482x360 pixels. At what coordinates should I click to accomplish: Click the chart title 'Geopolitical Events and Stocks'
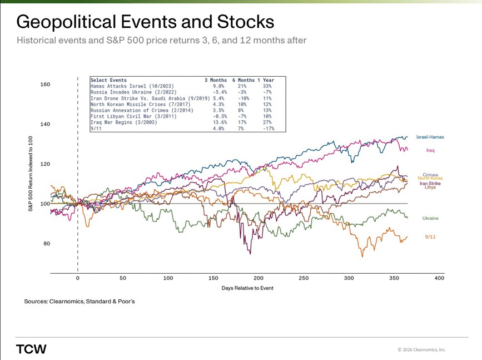[145, 22]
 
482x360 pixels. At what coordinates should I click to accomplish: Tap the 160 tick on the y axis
[46, 85]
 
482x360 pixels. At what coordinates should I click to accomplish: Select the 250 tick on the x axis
[304, 278]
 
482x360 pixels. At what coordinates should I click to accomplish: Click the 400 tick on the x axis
[439, 278]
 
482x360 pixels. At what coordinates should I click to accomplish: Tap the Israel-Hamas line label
[430, 137]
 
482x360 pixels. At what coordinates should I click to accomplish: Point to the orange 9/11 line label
[430, 236]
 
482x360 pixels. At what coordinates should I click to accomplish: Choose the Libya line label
[430, 188]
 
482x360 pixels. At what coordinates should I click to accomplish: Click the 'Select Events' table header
[108, 80]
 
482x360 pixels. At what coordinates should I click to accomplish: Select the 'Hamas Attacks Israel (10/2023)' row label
[132, 86]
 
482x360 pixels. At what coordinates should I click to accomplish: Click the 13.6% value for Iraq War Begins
[217, 122]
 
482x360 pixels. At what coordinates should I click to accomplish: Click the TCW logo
[31, 349]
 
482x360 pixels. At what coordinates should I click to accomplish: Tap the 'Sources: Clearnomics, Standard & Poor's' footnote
[79, 301]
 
